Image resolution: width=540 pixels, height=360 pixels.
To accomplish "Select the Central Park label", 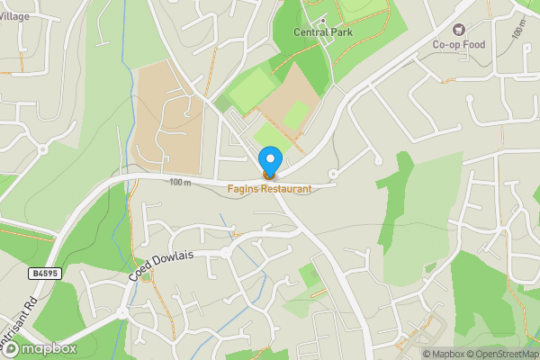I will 323,32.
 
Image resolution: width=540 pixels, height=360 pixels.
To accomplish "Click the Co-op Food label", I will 459,44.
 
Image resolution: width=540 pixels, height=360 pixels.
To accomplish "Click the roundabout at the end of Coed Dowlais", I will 123,313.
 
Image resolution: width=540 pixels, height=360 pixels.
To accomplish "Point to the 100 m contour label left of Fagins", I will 180,183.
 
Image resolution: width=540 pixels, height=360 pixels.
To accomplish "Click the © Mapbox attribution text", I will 447,354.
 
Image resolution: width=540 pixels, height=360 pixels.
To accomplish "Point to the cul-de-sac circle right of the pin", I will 333,173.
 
